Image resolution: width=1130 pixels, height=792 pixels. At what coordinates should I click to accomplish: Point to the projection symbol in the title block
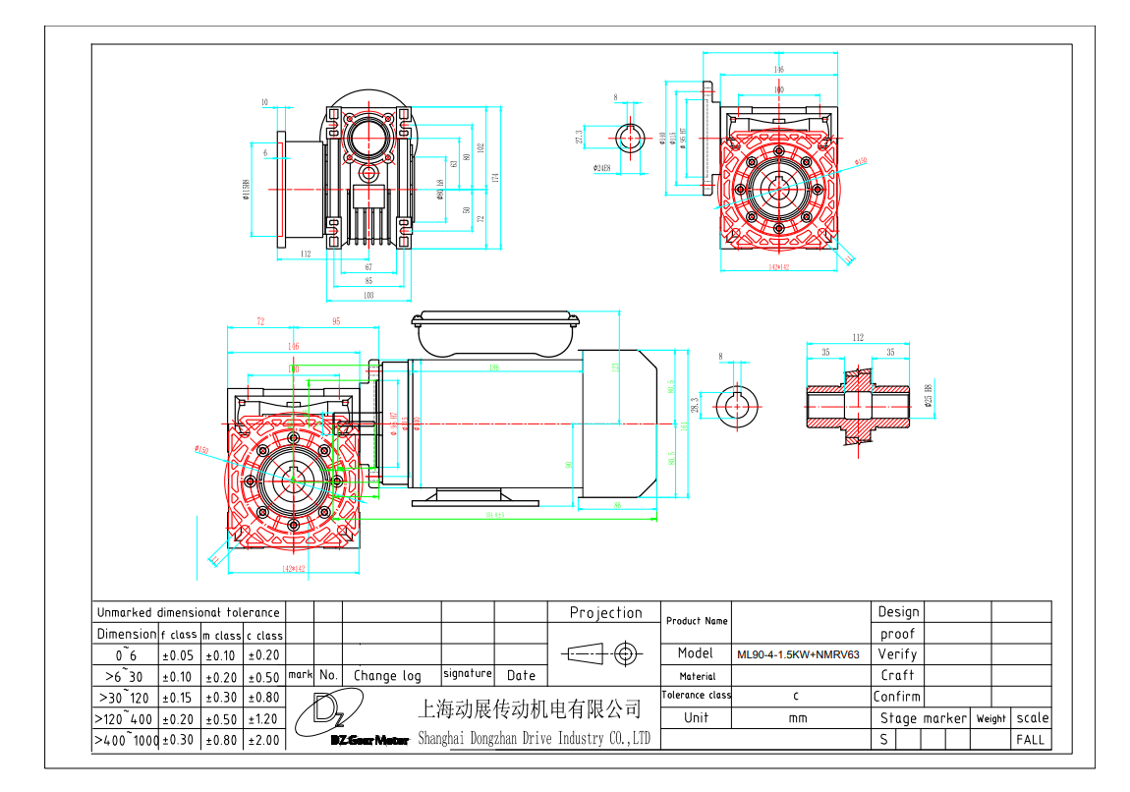coord(605,652)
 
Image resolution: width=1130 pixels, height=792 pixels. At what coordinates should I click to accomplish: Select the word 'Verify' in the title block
coord(897,653)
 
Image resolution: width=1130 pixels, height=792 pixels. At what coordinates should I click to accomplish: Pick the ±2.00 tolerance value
coord(263,740)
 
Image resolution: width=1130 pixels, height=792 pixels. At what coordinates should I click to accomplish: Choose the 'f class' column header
coord(180,635)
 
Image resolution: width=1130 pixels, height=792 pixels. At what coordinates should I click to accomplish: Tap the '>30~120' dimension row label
coord(126,697)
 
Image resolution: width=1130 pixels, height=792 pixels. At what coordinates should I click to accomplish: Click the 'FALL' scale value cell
coord(1031,739)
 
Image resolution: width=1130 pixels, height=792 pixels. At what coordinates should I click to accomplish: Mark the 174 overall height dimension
coord(496,178)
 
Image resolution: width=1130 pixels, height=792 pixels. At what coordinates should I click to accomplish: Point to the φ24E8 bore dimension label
coord(601,167)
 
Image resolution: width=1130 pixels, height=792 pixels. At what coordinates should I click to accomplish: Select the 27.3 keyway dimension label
coord(580,138)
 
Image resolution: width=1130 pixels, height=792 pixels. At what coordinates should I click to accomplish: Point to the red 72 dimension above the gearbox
coord(260,321)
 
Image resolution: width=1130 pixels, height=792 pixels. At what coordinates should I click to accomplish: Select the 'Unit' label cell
coord(696,717)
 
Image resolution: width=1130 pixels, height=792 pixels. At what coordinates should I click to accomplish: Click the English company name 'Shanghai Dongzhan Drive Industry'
coord(535,739)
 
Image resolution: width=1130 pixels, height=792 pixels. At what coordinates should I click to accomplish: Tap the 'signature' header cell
coord(467,674)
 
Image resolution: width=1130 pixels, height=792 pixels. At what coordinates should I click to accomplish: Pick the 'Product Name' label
coord(697,621)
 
